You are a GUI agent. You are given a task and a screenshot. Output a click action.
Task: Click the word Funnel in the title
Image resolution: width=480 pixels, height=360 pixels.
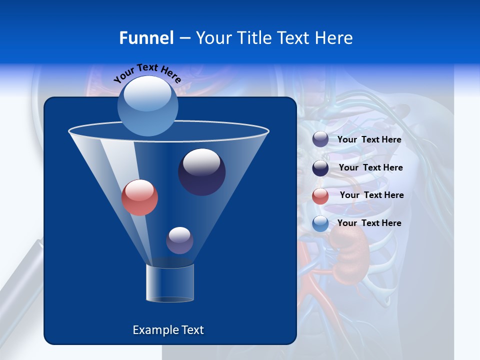[x=146, y=38]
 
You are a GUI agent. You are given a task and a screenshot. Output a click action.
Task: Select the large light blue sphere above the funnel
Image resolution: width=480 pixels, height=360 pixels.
[x=148, y=106]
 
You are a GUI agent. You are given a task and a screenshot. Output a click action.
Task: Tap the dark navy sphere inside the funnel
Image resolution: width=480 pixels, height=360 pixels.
[x=201, y=172]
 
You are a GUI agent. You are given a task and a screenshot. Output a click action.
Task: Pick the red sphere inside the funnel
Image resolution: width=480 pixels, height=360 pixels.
[x=139, y=197]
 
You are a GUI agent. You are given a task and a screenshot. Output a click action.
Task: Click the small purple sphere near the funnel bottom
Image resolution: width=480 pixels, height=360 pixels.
[x=179, y=240]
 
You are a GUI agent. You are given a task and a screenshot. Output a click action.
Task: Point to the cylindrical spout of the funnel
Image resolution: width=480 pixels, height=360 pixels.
[x=170, y=283]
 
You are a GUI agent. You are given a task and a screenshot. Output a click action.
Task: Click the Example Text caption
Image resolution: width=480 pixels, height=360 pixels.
[x=168, y=330]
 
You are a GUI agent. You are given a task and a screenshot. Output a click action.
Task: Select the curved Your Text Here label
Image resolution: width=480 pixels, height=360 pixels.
[x=147, y=72]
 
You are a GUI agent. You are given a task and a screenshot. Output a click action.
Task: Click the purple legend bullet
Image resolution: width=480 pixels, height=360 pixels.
[x=320, y=139]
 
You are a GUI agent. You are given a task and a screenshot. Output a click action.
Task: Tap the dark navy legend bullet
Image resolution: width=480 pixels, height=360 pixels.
[x=320, y=168]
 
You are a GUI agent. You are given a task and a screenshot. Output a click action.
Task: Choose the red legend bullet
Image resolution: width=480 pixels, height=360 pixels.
[x=320, y=196]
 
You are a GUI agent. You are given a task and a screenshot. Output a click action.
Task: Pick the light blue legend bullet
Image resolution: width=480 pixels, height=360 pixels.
[x=320, y=223]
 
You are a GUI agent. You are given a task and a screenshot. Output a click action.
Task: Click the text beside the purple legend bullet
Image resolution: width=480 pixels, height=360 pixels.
[x=369, y=139]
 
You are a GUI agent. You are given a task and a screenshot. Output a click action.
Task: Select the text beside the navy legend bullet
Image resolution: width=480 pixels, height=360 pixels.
[x=370, y=167]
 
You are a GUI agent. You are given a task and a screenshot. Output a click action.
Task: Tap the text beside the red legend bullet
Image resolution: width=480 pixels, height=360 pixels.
[x=371, y=195]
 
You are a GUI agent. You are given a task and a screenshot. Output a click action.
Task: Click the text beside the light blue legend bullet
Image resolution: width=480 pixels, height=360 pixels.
[x=369, y=223]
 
